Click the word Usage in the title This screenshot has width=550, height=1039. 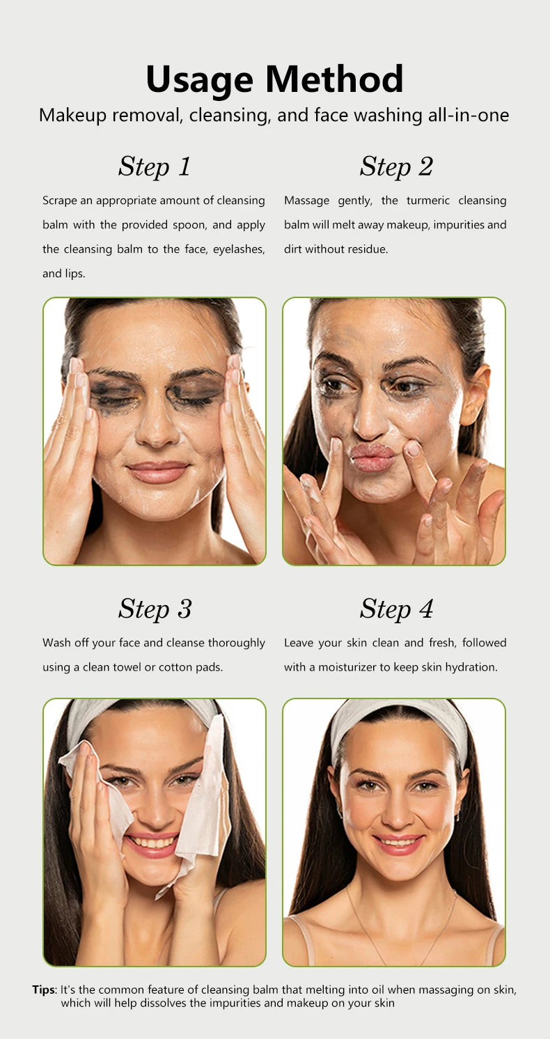click(199, 80)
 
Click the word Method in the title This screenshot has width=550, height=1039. click(334, 79)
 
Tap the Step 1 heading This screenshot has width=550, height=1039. click(155, 166)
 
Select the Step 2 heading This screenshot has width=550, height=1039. click(396, 166)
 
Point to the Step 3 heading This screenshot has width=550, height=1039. click(155, 609)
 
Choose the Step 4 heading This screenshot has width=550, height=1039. click(396, 609)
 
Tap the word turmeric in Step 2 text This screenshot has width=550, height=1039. click(428, 201)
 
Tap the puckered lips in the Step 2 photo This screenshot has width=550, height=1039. click(372, 457)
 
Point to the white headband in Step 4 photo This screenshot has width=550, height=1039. click(399, 721)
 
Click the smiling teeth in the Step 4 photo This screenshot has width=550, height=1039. click(398, 841)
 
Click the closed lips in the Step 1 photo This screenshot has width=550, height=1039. click(157, 471)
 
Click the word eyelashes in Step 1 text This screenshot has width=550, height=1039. click(239, 249)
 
